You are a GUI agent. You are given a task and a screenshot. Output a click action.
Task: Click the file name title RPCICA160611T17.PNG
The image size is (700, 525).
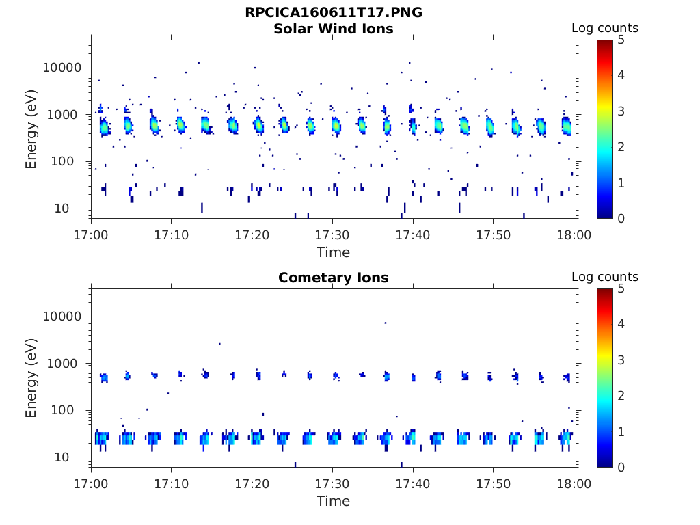tap(333, 13)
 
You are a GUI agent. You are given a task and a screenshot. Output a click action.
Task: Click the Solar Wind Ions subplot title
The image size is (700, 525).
tap(333, 29)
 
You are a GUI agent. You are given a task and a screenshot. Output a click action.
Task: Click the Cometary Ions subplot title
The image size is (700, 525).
tap(333, 278)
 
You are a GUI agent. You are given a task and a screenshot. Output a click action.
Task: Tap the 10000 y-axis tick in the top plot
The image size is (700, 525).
tap(63, 68)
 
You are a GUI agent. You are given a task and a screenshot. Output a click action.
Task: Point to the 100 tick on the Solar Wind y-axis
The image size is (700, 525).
tap(71, 161)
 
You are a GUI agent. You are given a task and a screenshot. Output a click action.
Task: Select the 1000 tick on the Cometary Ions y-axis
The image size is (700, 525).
tap(67, 364)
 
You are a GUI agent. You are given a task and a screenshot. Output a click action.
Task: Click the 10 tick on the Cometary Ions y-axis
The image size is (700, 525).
tap(75, 457)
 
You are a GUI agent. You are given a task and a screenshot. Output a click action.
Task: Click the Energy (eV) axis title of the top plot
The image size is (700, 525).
tap(31, 129)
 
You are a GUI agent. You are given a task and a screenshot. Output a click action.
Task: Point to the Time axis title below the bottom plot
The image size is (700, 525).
tap(333, 501)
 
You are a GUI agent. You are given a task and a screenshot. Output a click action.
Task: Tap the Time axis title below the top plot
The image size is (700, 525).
tap(333, 252)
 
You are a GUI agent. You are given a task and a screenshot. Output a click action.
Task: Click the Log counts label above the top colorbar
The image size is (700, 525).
tap(604, 28)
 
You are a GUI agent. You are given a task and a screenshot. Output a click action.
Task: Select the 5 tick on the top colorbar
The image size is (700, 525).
tap(621, 40)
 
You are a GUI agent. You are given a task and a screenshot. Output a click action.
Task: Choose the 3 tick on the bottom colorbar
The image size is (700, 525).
tap(621, 360)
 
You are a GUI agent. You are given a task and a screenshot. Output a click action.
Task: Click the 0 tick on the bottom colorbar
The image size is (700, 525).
tap(621, 467)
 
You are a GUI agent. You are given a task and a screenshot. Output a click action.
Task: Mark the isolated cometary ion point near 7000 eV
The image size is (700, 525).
tap(386, 323)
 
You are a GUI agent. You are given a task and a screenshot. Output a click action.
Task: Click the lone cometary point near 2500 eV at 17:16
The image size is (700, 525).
tap(219, 344)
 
